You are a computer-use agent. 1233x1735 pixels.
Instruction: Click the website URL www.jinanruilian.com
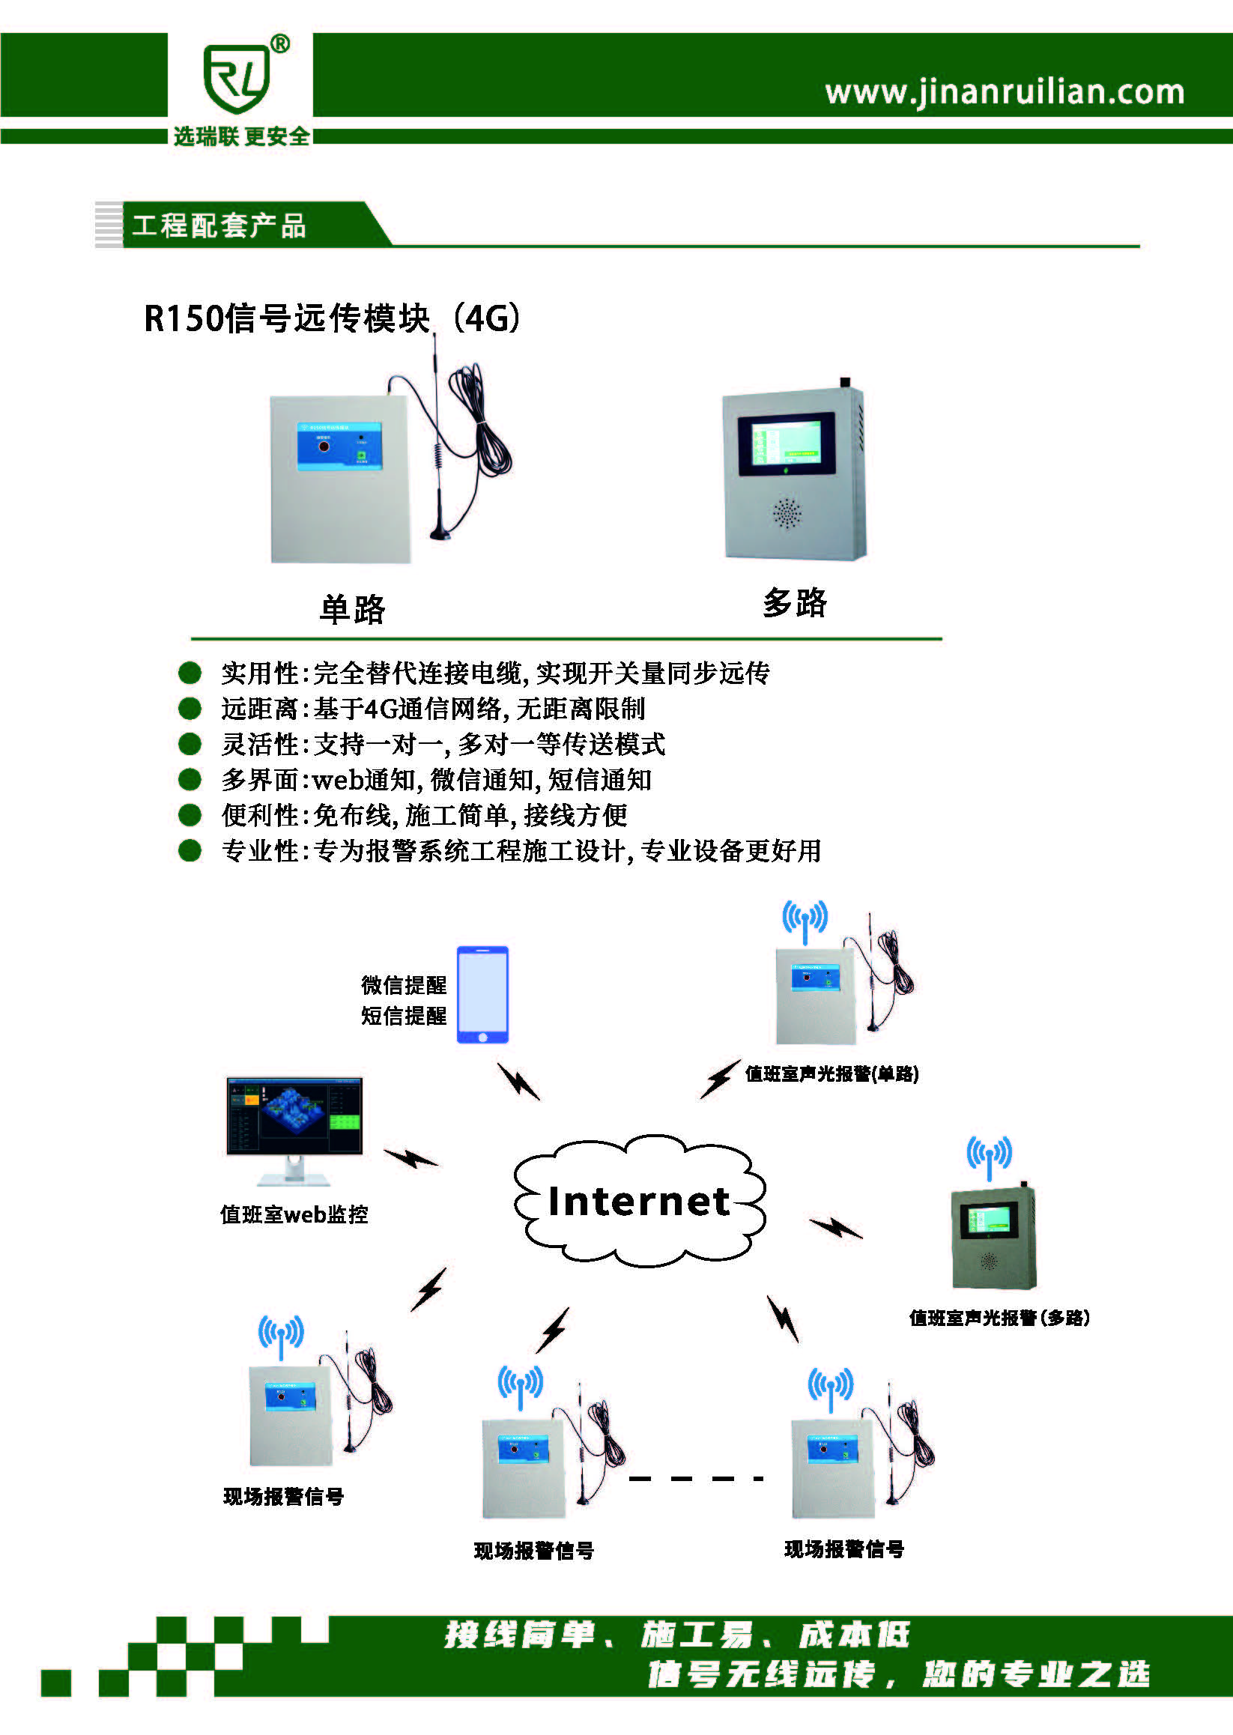click(x=1004, y=92)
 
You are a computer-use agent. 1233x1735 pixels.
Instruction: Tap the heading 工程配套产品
click(x=219, y=225)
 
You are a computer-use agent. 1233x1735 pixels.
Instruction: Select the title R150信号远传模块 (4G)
click(x=332, y=318)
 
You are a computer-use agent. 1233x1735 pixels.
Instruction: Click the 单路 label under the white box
click(x=352, y=609)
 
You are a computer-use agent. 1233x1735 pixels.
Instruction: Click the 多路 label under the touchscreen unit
click(x=794, y=602)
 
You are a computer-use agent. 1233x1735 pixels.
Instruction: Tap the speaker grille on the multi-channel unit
click(x=787, y=513)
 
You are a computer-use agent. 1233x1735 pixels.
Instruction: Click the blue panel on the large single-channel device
click(x=339, y=446)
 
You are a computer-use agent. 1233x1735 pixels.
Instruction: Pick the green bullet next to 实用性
click(x=189, y=672)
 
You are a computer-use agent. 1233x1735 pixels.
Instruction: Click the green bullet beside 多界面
click(x=189, y=779)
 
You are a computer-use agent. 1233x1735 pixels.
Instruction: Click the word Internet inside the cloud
click(x=638, y=1200)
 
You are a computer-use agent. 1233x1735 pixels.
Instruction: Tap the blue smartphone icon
click(x=482, y=994)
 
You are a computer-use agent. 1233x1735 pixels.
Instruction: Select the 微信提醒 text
click(x=403, y=985)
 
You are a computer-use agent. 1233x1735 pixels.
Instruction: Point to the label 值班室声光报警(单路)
click(x=831, y=1073)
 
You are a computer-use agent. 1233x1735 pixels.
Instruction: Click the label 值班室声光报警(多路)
click(x=999, y=1318)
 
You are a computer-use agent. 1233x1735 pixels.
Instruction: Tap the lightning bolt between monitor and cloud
click(x=410, y=1157)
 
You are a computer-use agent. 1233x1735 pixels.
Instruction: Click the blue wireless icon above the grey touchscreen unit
click(x=989, y=1155)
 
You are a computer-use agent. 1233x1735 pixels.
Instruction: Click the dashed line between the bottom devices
click(x=694, y=1478)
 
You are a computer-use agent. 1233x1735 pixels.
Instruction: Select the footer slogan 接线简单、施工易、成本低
click(x=676, y=1635)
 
